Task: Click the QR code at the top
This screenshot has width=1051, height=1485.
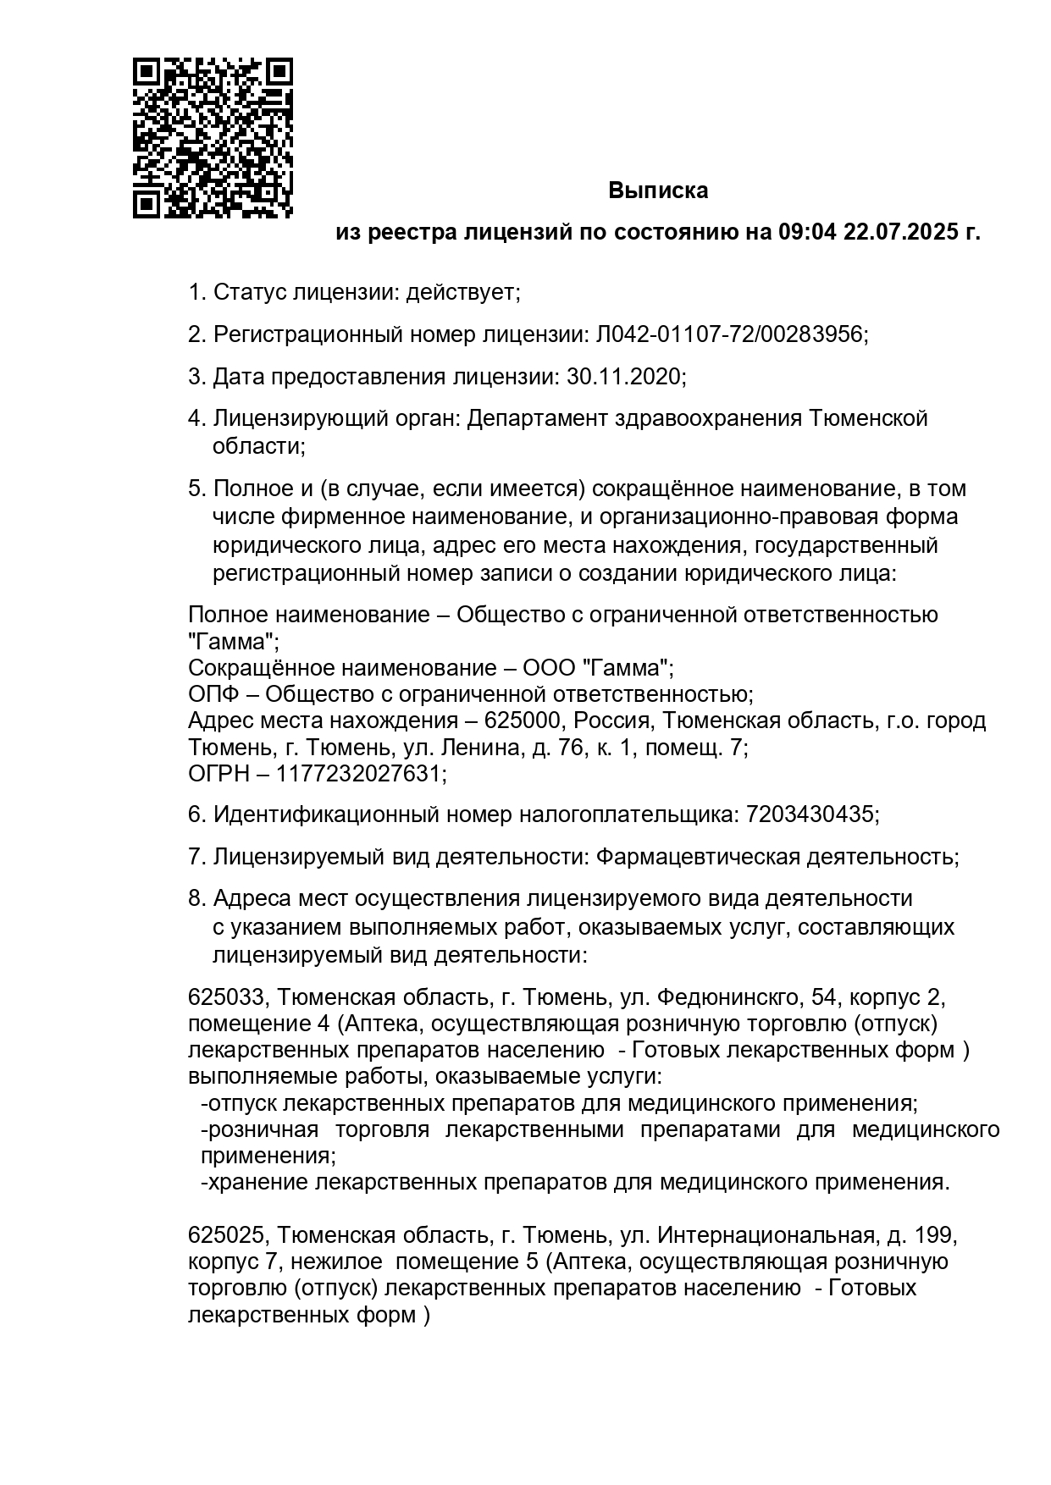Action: click(213, 138)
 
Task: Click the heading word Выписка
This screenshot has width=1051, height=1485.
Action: click(658, 191)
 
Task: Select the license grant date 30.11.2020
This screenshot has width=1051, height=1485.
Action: click(623, 376)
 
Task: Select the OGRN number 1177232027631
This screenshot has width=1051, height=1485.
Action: click(359, 774)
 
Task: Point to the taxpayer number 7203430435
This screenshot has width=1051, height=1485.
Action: click(810, 815)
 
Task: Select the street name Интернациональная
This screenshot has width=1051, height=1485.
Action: click(766, 1235)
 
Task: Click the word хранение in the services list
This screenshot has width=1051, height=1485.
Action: click(257, 1182)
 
